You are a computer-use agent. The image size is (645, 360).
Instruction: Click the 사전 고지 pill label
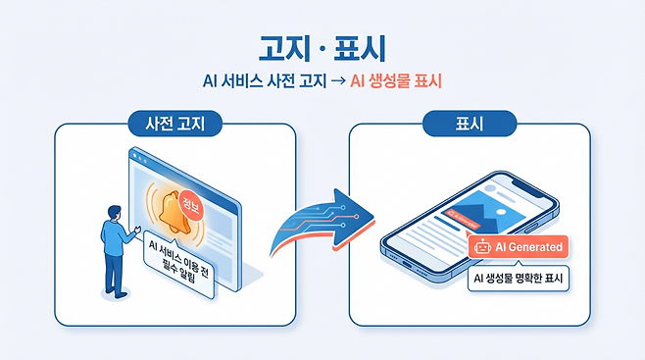pyautogui.click(x=174, y=125)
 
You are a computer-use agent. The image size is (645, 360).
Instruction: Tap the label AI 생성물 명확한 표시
pyautogui.click(x=521, y=279)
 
